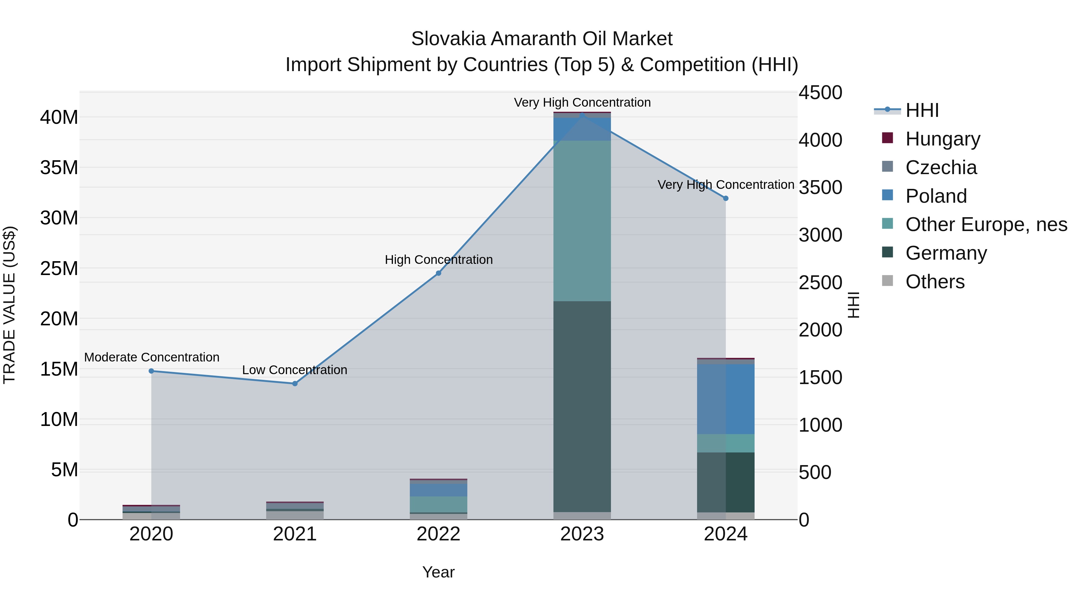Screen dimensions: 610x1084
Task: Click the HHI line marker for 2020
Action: (x=151, y=371)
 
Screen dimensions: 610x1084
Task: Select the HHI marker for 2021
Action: (x=295, y=383)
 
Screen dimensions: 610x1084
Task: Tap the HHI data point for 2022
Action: (x=438, y=273)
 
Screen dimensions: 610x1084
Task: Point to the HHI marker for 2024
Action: (x=725, y=198)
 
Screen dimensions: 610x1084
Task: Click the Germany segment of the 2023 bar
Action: (x=582, y=406)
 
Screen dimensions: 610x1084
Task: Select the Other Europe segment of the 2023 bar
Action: (x=582, y=221)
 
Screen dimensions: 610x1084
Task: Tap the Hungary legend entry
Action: (x=942, y=139)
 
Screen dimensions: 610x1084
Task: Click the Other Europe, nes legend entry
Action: (x=986, y=224)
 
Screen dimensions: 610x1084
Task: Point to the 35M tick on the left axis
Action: (x=59, y=167)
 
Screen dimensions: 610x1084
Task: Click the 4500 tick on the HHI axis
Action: (x=820, y=92)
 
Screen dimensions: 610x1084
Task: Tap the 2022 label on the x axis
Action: (x=438, y=534)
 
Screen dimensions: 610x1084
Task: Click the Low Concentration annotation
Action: (x=294, y=370)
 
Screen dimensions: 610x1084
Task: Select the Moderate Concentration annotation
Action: (x=151, y=357)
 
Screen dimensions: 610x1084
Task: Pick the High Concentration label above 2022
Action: (x=438, y=260)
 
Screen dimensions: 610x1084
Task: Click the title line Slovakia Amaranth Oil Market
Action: (x=542, y=39)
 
